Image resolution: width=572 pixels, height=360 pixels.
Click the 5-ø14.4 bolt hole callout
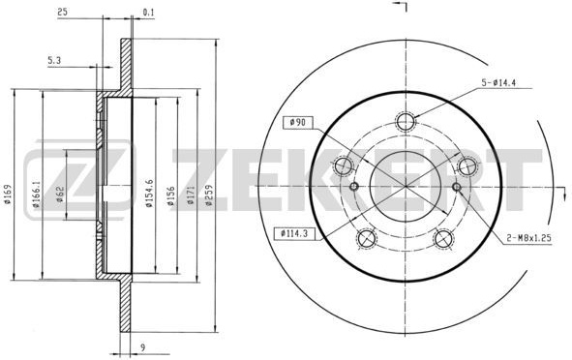coord(497,83)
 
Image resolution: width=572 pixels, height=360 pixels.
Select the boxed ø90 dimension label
coord(297,123)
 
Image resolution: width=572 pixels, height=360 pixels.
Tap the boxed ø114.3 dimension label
coord(294,233)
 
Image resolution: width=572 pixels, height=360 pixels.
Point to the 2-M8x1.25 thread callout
coord(528,238)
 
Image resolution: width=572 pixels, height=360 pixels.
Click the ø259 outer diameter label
coord(209,195)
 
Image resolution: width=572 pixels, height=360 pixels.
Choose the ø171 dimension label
coord(191,195)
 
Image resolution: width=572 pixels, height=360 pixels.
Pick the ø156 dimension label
coord(170,195)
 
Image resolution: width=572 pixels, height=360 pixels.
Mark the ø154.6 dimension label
coord(149,193)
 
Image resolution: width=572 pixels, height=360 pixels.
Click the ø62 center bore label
coord(60,195)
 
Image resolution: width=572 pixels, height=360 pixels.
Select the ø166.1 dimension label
coord(36,195)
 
